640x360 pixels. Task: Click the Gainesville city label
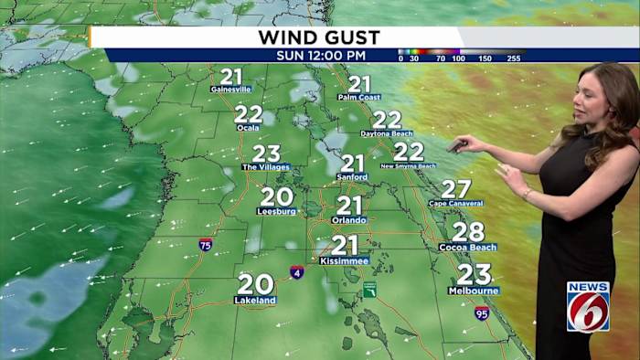pos(231,90)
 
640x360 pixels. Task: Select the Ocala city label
pos(248,128)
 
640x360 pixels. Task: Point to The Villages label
pos(266,167)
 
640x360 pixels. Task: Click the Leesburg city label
pos(276,211)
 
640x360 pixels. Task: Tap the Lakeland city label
pos(255,300)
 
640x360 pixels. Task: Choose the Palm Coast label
pos(358,97)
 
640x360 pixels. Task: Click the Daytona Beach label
pos(387,133)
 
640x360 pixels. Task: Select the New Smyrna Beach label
pos(408,166)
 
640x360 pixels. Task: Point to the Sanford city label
pos(352,177)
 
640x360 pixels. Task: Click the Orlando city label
pos(349,220)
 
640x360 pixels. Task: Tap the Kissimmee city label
pos(345,260)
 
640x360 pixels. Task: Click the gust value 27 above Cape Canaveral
pos(456,189)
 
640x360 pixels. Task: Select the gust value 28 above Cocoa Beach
pos(468,232)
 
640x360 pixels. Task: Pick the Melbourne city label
pos(474,291)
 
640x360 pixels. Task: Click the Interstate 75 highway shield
pos(206,244)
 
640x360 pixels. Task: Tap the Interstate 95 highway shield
pos(482,313)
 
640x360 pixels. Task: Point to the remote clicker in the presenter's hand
pos(456,144)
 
